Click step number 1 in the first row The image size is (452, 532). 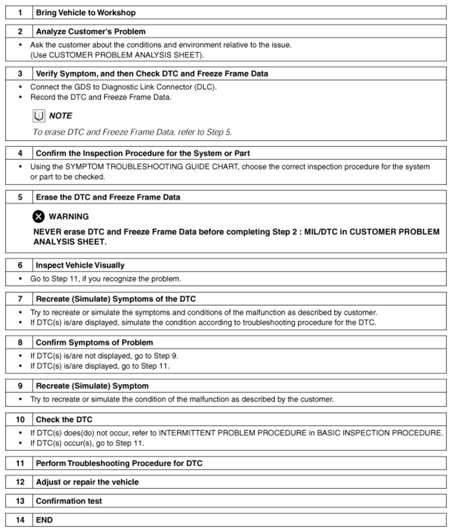point(20,12)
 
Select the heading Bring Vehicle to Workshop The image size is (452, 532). point(86,12)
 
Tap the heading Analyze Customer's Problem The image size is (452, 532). point(91,32)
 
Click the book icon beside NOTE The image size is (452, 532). point(38,116)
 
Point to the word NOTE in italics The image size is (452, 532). point(61,116)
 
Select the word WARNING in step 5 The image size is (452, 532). point(69,216)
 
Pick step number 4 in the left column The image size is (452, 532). point(20,153)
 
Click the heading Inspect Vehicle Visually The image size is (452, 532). point(80,265)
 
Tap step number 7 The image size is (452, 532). point(20,298)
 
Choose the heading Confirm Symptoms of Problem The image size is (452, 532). point(94,342)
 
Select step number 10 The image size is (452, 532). point(20,419)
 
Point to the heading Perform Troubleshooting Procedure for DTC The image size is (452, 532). point(119,463)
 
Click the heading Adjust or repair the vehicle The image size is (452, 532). point(87,482)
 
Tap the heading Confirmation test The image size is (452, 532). point(69,501)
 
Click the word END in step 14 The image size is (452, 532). point(45,520)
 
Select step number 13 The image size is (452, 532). point(20,501)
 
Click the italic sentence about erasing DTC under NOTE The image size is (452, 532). point(132,132)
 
